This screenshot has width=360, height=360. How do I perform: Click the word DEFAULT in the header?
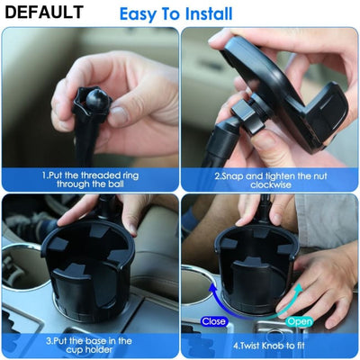click(42, 13)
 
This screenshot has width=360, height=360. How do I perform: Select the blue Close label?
click(214, 319)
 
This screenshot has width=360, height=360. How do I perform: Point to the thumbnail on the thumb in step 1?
click(118, 116)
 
